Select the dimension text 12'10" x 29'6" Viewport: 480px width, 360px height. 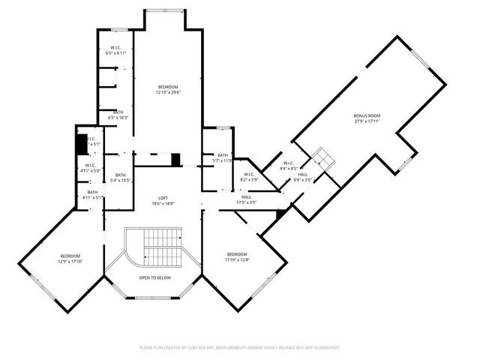[x=169, y=93]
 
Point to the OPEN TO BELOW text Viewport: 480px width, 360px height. [x=154, y=277]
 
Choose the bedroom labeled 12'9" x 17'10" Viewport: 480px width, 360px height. [x=70, y=256]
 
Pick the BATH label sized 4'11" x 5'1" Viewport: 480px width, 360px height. [x=92, y=193]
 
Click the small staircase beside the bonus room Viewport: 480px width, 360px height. [x=325, y=157]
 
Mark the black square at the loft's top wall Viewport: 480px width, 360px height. [x=175, y=160]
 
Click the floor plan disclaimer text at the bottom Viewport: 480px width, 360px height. [x=240, y=348]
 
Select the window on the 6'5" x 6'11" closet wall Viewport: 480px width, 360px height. [x=119, y=29]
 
